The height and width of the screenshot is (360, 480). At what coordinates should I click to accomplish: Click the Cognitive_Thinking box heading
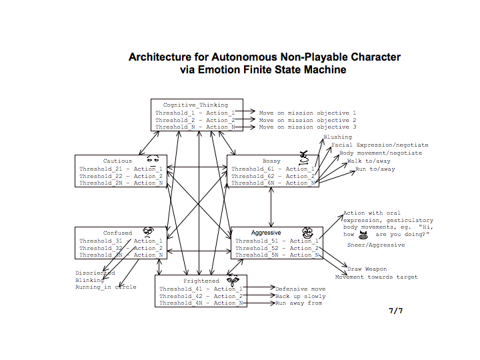195,105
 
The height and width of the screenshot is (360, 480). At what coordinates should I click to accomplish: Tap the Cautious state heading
117,161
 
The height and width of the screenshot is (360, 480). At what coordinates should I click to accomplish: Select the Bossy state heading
271,161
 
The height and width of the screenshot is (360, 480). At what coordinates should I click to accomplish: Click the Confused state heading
117,233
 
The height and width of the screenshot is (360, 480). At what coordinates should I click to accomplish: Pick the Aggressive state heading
271,233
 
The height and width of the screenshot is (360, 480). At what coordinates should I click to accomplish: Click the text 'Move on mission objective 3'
307,127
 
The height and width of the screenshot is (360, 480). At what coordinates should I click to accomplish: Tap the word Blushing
337,137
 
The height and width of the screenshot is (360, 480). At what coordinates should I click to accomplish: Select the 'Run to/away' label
375,169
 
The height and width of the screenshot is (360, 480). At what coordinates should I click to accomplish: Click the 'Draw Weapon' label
367,269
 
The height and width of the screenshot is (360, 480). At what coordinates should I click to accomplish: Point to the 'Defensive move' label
301,289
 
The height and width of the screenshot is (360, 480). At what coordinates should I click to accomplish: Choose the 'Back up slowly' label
301,296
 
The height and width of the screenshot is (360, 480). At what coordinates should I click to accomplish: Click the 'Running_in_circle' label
105,287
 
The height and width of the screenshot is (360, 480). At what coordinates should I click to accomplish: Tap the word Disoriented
95,273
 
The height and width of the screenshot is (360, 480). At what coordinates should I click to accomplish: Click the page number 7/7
396,311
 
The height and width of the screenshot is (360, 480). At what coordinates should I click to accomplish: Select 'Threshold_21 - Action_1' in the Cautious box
121,169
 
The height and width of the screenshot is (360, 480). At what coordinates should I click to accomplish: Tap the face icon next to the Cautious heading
153,159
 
